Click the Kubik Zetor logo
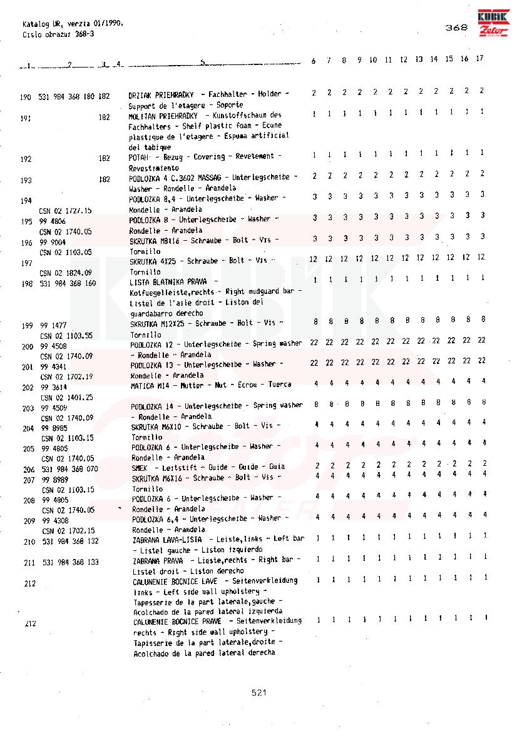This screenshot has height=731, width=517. pyautogui.click(x=494, y=24)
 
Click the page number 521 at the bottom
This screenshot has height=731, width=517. pyautogui.click(x=259, y=692)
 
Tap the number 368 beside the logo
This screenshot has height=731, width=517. pyautogui.click(x=456, y=28)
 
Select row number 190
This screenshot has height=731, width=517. pyautogui.click(x=26, y=97)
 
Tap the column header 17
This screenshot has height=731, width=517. pyautogui.click(x=479, y=59)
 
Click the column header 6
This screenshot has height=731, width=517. pyautogui.click(x=314, y=61)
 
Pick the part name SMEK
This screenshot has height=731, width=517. pyautogui.click(x=139, y=467)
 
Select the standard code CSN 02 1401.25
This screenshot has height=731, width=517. pyautogui.click(x=66, y=397)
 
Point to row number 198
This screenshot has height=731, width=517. pyautogui.click(x=26, y=284)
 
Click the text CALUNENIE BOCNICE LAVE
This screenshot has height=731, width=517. pyautogui.click(x=175, y=581)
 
